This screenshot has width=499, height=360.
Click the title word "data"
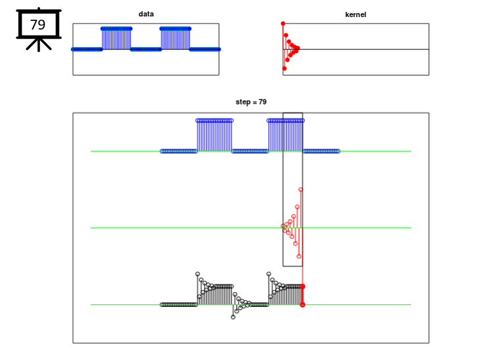pyautogui.click(x=146, y=14)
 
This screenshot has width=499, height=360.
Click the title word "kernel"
pyautogui.click(x=356, y=14)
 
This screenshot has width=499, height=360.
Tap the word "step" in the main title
pyautogui.click(x=243, y=102)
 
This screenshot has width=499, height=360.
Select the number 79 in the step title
pyautogui.click(x=262, y=102)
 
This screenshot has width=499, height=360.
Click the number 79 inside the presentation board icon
pyautogui.click(x=38, y=24)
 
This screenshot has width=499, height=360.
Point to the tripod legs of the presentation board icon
pyautogui.click(x=39, y=45)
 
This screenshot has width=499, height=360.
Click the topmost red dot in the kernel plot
pyautogui.click(x=283, y=24)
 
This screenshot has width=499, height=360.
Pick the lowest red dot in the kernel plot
pyautogui.click(x=285, y=68)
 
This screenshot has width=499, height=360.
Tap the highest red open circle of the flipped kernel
pyautogui.click(x=300, y=190)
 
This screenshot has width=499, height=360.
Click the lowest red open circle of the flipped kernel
pyautogui.click(x=299, y=256)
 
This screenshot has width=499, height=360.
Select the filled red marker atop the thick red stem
pyautogui.click(x=302, y=286)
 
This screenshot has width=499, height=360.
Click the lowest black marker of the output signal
pyautogui.click(x=233, y=317)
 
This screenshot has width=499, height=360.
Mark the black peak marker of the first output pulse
pyautogui.click(x=198, y=274)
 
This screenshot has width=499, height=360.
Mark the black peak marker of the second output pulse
pyautogui.click(x=269, y=274)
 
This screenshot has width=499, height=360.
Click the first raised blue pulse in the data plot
pyautogui.click(x=116, y=38)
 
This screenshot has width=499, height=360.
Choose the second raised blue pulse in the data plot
pyautogui.click(x=176, y=38)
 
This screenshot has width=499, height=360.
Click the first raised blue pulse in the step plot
pyautogui.click(x=214, y=135)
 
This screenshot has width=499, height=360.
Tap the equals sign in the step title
pyautogui.click(x=254, y=102)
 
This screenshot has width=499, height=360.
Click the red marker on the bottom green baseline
pyautogui.click(x=302, y=305)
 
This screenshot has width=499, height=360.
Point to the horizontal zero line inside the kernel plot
pyautogui.click(x=356, y=49)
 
